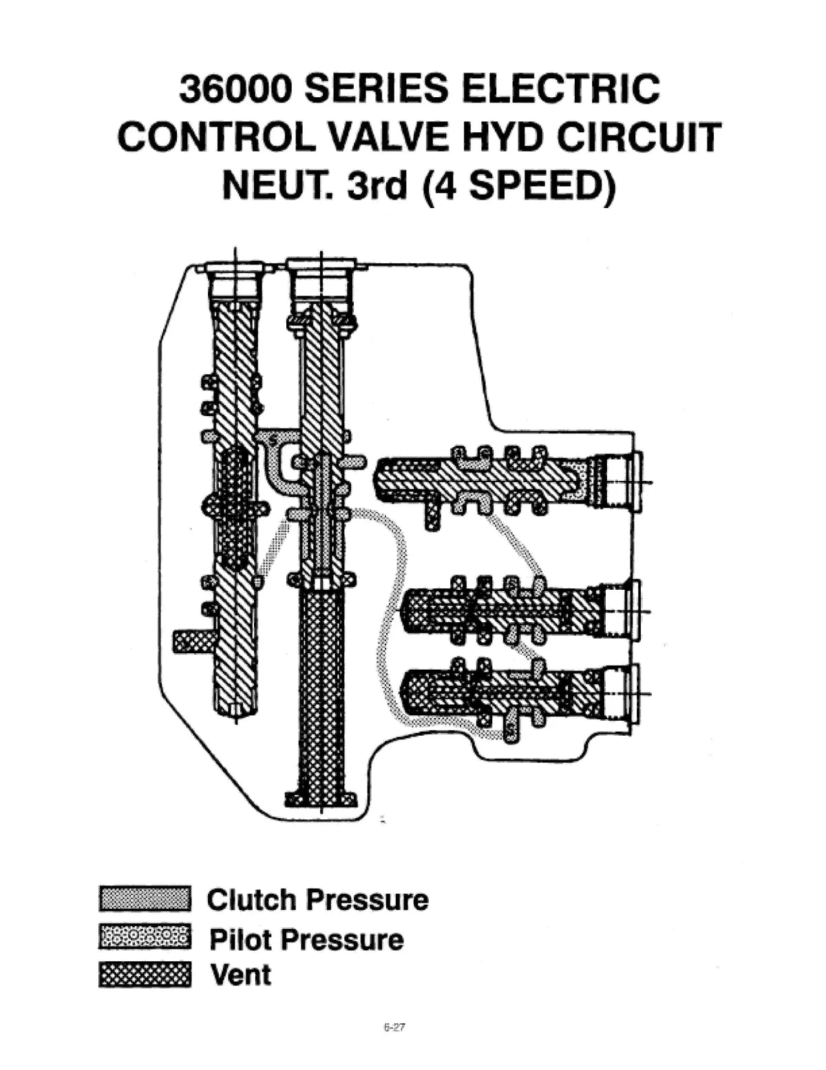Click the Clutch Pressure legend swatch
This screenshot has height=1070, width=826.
click(x=145, y=898)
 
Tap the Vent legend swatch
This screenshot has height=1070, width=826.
click(x=145, y=976)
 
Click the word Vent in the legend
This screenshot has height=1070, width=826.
click(x=240, y=976)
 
